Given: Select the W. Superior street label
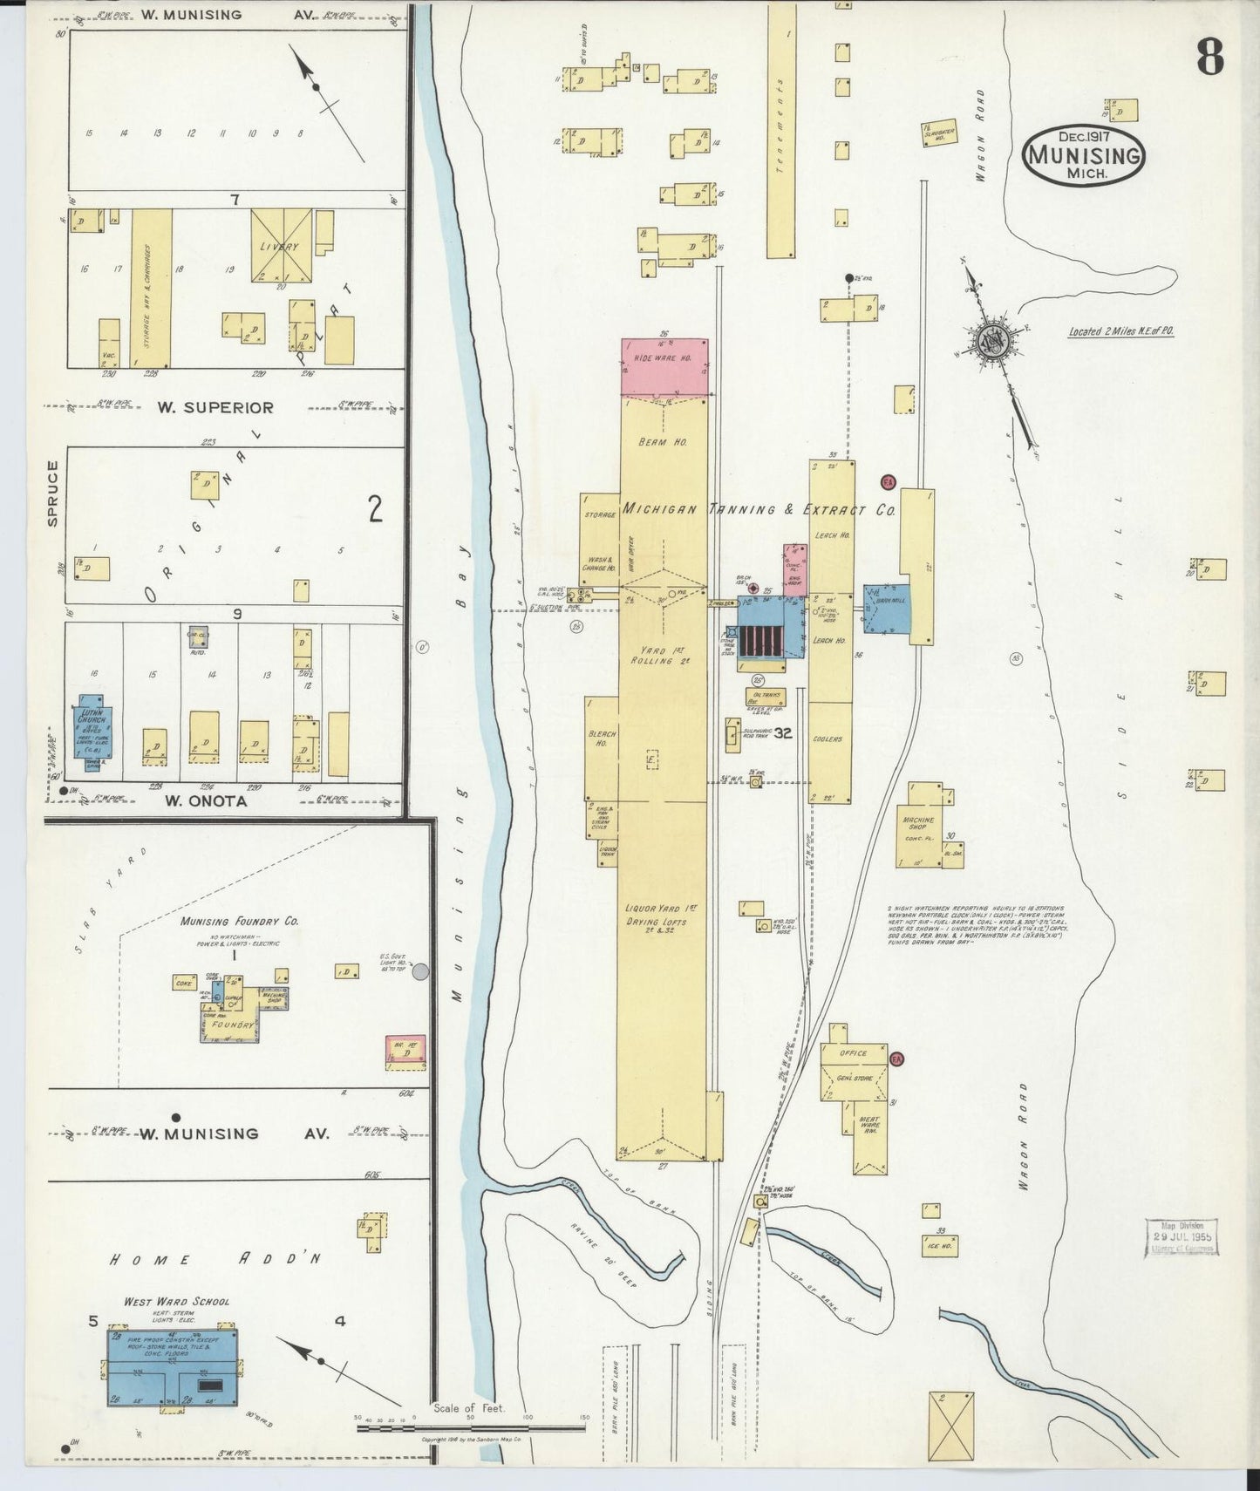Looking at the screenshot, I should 215,407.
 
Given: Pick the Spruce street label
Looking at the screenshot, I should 53,494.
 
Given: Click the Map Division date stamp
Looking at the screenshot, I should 1182,1236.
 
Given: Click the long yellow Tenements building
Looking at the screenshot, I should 780,131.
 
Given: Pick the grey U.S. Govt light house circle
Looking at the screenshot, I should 420,971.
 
